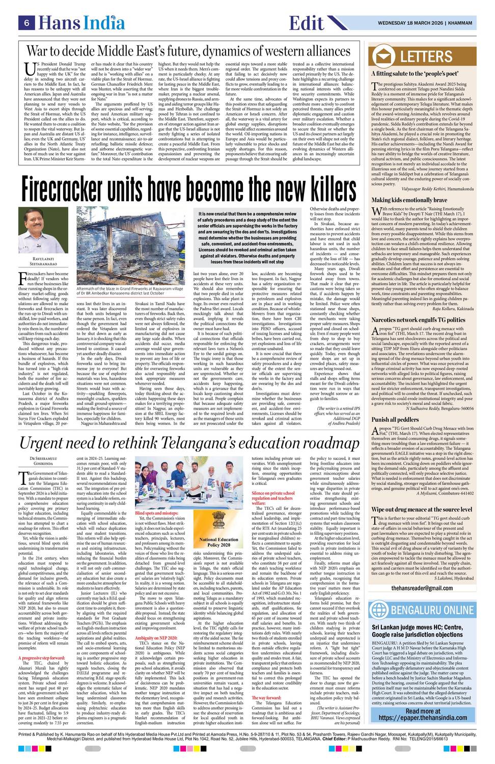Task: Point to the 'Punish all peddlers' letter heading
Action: (395, 420)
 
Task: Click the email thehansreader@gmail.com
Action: (422, 588)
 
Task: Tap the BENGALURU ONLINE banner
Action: (422, 610)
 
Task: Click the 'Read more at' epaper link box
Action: (422, 715)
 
